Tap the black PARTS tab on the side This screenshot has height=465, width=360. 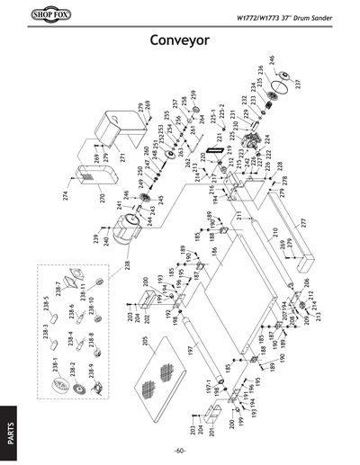(x=9, y=422)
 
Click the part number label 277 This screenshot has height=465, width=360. (x=304, y=222)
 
